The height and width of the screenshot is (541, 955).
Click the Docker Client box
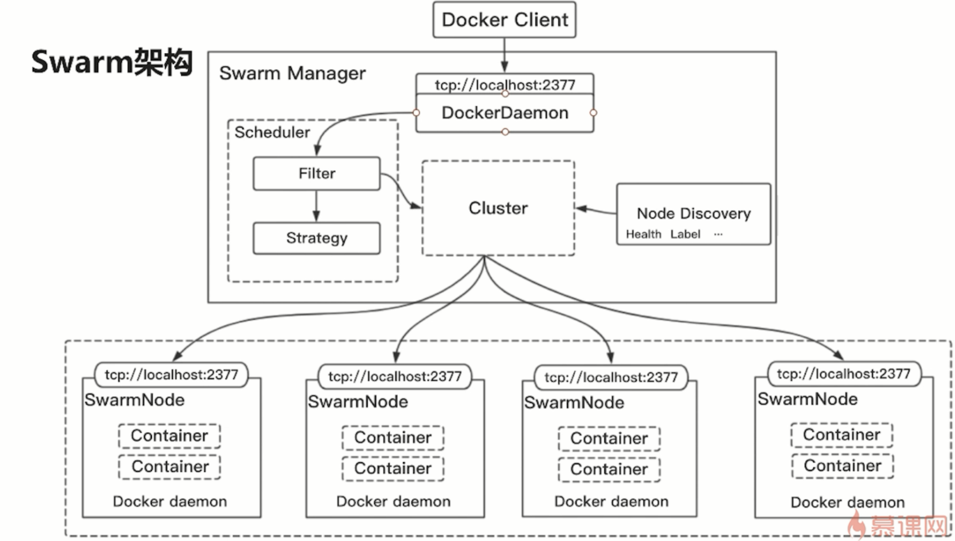click(505, 20)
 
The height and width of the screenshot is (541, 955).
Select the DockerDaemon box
click(505, 113)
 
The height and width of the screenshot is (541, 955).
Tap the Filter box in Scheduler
click(317, 173)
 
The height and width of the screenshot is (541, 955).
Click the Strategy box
click(317, 238)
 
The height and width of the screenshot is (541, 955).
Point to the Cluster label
click(498, 208)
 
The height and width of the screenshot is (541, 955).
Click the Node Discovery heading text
click(694, 213)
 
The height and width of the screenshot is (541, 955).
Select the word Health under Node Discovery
click(643, 234)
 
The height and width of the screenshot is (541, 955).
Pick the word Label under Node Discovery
click(685, 234)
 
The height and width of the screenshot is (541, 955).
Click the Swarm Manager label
click(292, 73)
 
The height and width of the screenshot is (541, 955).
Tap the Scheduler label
click(272, 132)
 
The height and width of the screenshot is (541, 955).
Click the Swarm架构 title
click(112, 62)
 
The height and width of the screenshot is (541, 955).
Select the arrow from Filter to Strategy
click(316, 206)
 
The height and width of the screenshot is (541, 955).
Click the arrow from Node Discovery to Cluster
click(595, 210)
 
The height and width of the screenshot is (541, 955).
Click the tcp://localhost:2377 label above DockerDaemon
click(505, 85)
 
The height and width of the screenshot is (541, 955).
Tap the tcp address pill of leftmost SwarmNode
click(171, 375)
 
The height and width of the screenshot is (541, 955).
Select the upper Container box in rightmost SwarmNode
click(841, 435)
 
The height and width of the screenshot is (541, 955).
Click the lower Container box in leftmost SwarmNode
click(170, 467)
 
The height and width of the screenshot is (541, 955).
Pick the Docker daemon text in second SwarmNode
click(393, 502)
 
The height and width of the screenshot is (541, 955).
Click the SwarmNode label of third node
click(574, 403)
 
